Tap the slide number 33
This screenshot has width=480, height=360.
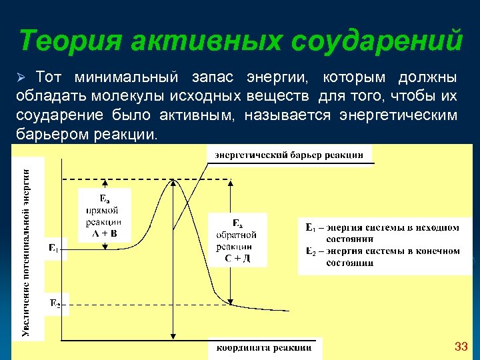point(461,347)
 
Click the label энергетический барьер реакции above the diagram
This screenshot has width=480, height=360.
point(289,155)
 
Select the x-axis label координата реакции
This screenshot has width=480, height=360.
point(264,347)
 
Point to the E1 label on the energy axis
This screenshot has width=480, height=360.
point(53,249)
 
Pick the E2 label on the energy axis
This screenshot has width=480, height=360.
point(54,305)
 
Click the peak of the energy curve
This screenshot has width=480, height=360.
point(173,180)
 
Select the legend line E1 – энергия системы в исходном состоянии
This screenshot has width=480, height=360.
point(382,233)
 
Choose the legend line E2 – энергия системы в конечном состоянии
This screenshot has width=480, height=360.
point(382,257)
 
